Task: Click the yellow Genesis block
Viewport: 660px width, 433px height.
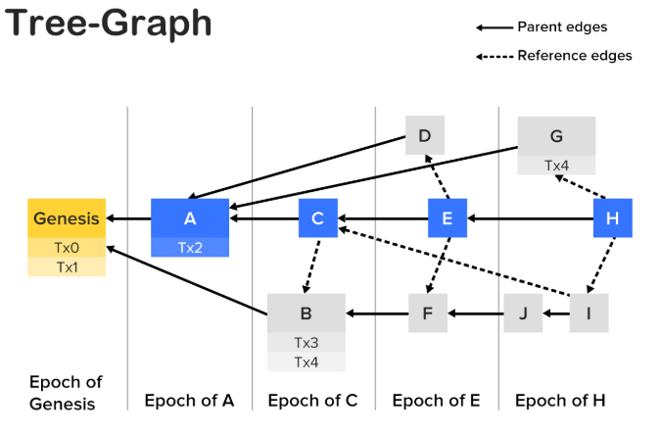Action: pyautogui.click(x=67, y=217)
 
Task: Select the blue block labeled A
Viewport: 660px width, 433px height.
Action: pyautogui.click(x=190, y=217)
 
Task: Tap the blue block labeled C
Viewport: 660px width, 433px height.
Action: pyautogui.click(x=317, y=217)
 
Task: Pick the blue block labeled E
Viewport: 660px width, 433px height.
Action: pyautogui.click(x=448, y=217)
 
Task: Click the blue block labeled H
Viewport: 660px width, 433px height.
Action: pyautogui.click(x=612, y=217)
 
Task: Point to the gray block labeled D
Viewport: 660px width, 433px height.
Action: pyautogui.click(x=425, y=135)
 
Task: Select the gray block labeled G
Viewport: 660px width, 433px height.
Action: pyautogui.click(x=556, y=136)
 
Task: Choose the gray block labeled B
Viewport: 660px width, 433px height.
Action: pyautogui.click(x=306, y=313)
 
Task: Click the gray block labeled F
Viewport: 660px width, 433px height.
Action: pyautogui.click(x=428, y=313)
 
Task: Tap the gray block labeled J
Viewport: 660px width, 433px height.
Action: pyautogui.click(x=523, y=313)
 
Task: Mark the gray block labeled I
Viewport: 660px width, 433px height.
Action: pyautogui.click(x=589, y=313)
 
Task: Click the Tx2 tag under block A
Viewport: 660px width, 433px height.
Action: pyautogui.click(x=190, y=248)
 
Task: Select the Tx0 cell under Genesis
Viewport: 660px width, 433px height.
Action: pyautogui.click(x=67, y=248)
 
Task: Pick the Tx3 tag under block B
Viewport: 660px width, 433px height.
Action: pyautogui.click(x=306, y=343)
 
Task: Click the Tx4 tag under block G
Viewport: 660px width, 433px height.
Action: pyautogui.click(x=556, y=166)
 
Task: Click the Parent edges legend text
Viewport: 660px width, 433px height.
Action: pyautogui.click(x=562, y=26)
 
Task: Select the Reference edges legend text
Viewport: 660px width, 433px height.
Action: pyautogui.click(x=574, y=56)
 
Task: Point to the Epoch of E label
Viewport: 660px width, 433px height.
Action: pyautogui.click(x=436, y=400)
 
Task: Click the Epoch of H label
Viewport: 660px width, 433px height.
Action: pyautogui.click(x=559, y=400)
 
